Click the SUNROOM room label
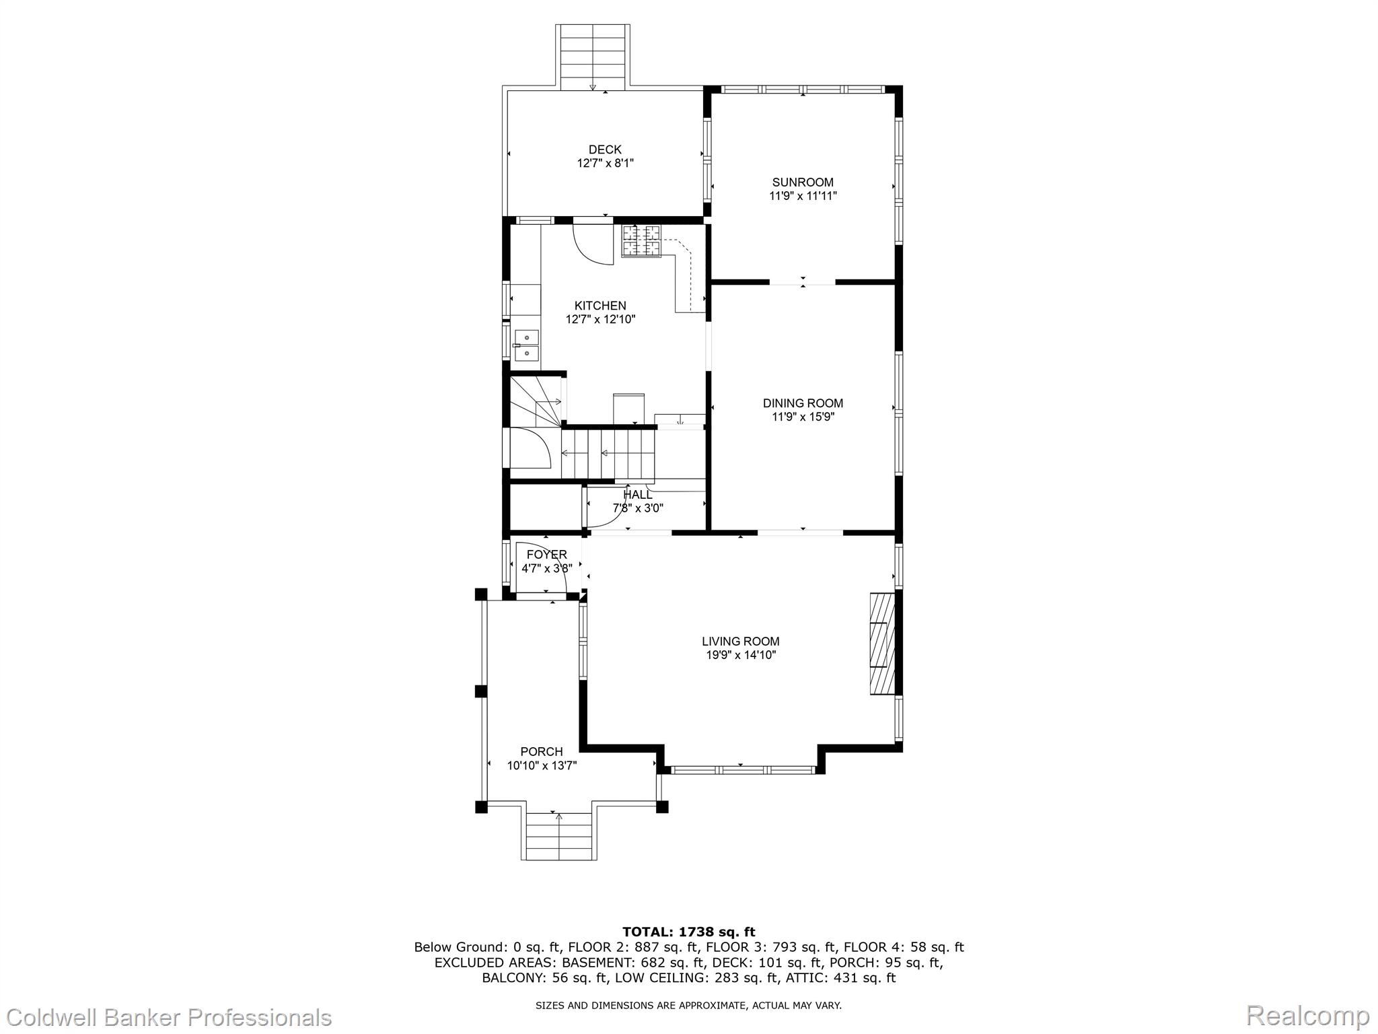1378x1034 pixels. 803,182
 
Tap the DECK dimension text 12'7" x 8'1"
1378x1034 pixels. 605,163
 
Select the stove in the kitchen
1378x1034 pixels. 641,241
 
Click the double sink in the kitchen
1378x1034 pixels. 527,345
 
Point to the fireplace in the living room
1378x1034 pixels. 882,644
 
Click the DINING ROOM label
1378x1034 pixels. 803,403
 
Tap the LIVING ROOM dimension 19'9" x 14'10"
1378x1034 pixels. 741,655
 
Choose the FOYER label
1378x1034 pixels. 547,555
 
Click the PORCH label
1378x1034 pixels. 542,751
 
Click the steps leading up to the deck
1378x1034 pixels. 593,57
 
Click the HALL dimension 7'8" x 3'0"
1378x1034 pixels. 638,508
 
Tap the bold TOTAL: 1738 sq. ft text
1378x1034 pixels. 689,932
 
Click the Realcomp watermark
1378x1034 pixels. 1308,1015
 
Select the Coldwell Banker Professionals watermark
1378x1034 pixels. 166,1016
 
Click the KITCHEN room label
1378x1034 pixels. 600,306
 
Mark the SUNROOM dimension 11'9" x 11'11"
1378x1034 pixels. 803,196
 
